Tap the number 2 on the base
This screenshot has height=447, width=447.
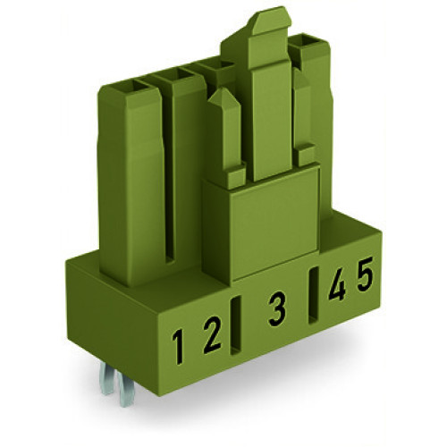tap(210, 339)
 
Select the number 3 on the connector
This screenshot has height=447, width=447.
tap(277, 311)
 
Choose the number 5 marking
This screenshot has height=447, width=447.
tap(365, 278)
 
